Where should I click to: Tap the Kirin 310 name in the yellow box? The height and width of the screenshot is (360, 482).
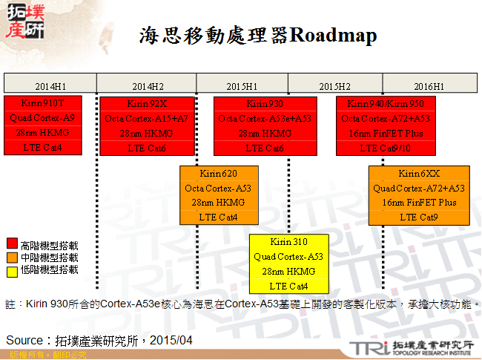(x=288, y=242)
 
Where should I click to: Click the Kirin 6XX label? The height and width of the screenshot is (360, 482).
(x=419, y=173)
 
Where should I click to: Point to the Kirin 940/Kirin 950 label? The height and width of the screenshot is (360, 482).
(x=385, y=103)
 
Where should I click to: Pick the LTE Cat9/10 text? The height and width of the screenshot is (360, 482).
(x=385, y=148)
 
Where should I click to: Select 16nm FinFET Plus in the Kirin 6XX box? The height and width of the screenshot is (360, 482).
(x=419, y=203)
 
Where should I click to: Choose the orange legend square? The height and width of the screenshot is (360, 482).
(x=12, y=257)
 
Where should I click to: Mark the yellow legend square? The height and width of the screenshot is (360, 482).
(x=12, y=269)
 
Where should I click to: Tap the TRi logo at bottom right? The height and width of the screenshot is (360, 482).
(x=369, y=347)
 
